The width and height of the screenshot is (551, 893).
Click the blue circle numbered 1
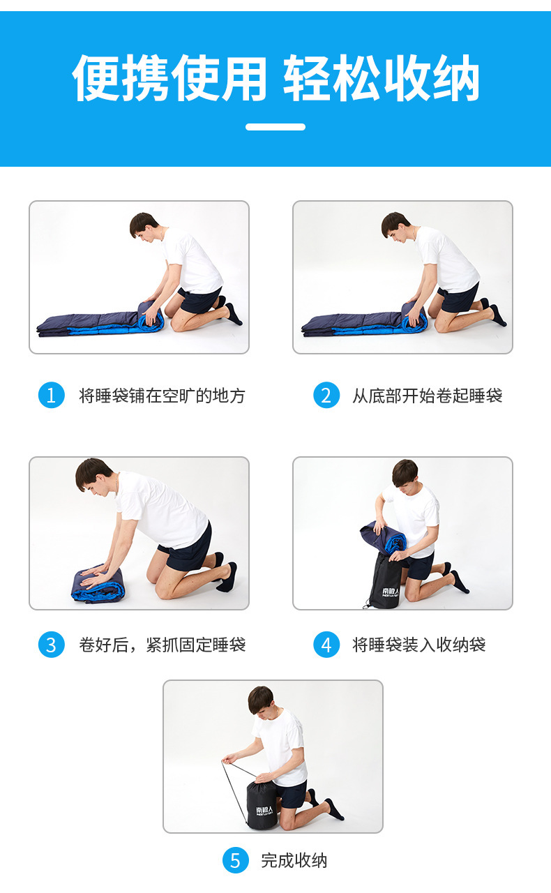pyautogui.click(x=52, y=395)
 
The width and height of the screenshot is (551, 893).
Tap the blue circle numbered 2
pyautogui.click(x=326, y=395)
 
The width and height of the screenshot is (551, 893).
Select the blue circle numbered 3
pyautogui.click(x=52, y=645)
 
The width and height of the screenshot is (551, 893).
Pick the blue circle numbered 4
pyautogui.click(x=326, y=645)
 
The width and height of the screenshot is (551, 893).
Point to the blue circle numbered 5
pyautogui.click(x=235, y=860)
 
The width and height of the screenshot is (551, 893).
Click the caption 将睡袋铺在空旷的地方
pyautogui.click(x=162, y=396)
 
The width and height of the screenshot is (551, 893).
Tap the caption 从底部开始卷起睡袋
pyautogui.click(x=428, y=396)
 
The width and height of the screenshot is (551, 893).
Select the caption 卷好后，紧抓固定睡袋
pyautogui.click(x=162, y=645)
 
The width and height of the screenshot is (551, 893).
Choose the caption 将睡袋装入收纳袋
pyautogui.click(x=419, y=645)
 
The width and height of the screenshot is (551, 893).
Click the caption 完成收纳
pyautogui.click(x=294, y=860)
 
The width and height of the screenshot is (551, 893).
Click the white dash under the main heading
pyautogui.click(x=275, y=127)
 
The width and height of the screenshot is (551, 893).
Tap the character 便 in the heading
pyautogui.click(x=97, y=77)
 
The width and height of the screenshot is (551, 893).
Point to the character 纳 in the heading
pyautogui.click(x=455, y=77)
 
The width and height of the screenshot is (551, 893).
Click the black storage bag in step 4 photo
pyautogui.click(x=385, y=580)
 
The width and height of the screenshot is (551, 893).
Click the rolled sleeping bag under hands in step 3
pyautogui.click(x=98, y=585)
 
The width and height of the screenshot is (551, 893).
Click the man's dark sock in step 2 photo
pyautogui.click(x=499, y=316)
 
